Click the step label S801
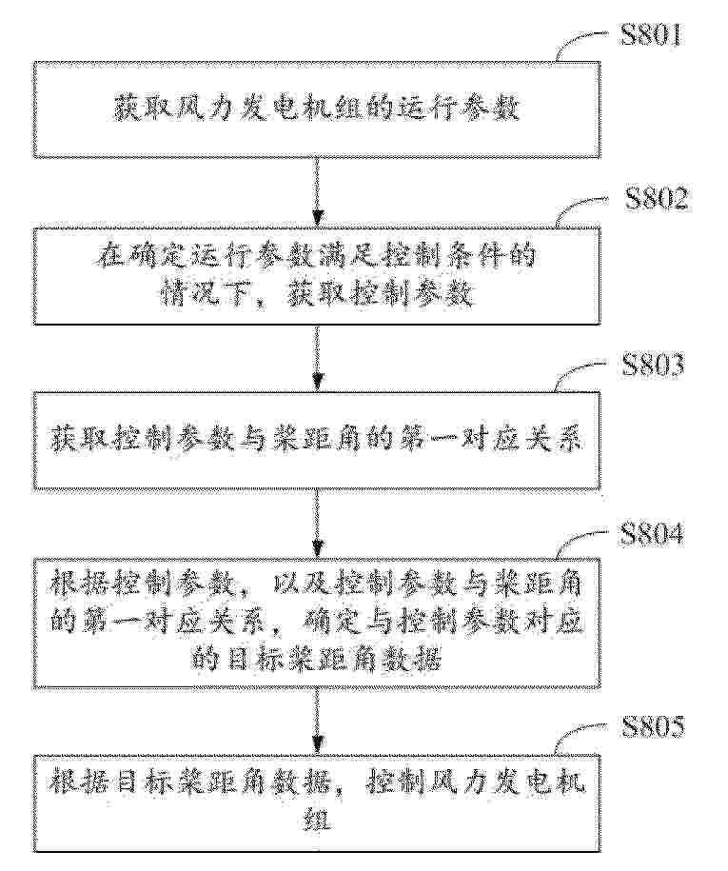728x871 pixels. pos(651,36)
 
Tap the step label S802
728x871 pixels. pos(657,199)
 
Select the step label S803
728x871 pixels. pos(653,366)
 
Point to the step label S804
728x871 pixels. pos(651,534)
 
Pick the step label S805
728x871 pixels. pos(653,727)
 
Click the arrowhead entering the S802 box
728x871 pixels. pos(317,220)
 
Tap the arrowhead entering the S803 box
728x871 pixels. pos(317,383)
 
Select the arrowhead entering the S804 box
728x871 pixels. pos(317,548)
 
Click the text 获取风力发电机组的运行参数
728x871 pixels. pos(317,109)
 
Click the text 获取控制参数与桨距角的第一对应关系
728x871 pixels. pos(317,441)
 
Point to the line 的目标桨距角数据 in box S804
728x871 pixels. pos(317,660)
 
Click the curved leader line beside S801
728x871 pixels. pos(582,43)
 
